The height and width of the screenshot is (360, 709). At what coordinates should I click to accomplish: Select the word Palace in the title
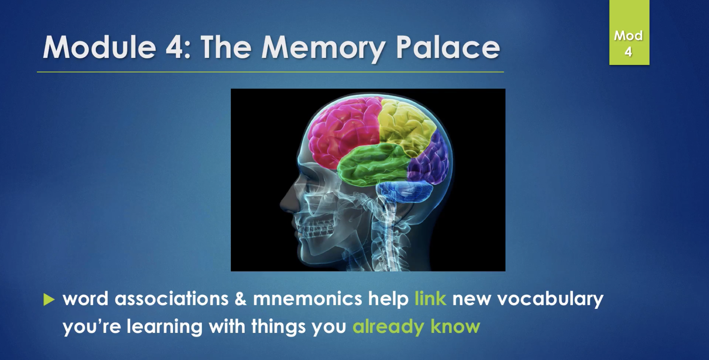point(448,47)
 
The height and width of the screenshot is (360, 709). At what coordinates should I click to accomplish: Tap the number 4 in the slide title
point(174,47)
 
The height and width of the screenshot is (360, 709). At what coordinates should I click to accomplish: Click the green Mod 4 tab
point(629,32)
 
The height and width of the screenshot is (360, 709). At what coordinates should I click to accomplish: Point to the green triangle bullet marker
point(49,300)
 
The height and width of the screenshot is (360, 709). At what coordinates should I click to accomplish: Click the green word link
point(430,298)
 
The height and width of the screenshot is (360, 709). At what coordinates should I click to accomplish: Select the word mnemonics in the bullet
point(308,299)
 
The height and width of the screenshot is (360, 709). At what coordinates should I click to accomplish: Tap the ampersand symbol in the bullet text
point(240,299)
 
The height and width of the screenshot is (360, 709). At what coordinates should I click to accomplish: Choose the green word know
point(455,326)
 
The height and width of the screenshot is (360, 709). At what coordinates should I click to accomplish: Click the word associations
point(172,299)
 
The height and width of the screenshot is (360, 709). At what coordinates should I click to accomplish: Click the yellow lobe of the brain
point(406,124)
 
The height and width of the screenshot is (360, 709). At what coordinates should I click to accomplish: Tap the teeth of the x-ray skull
point(316,229)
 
